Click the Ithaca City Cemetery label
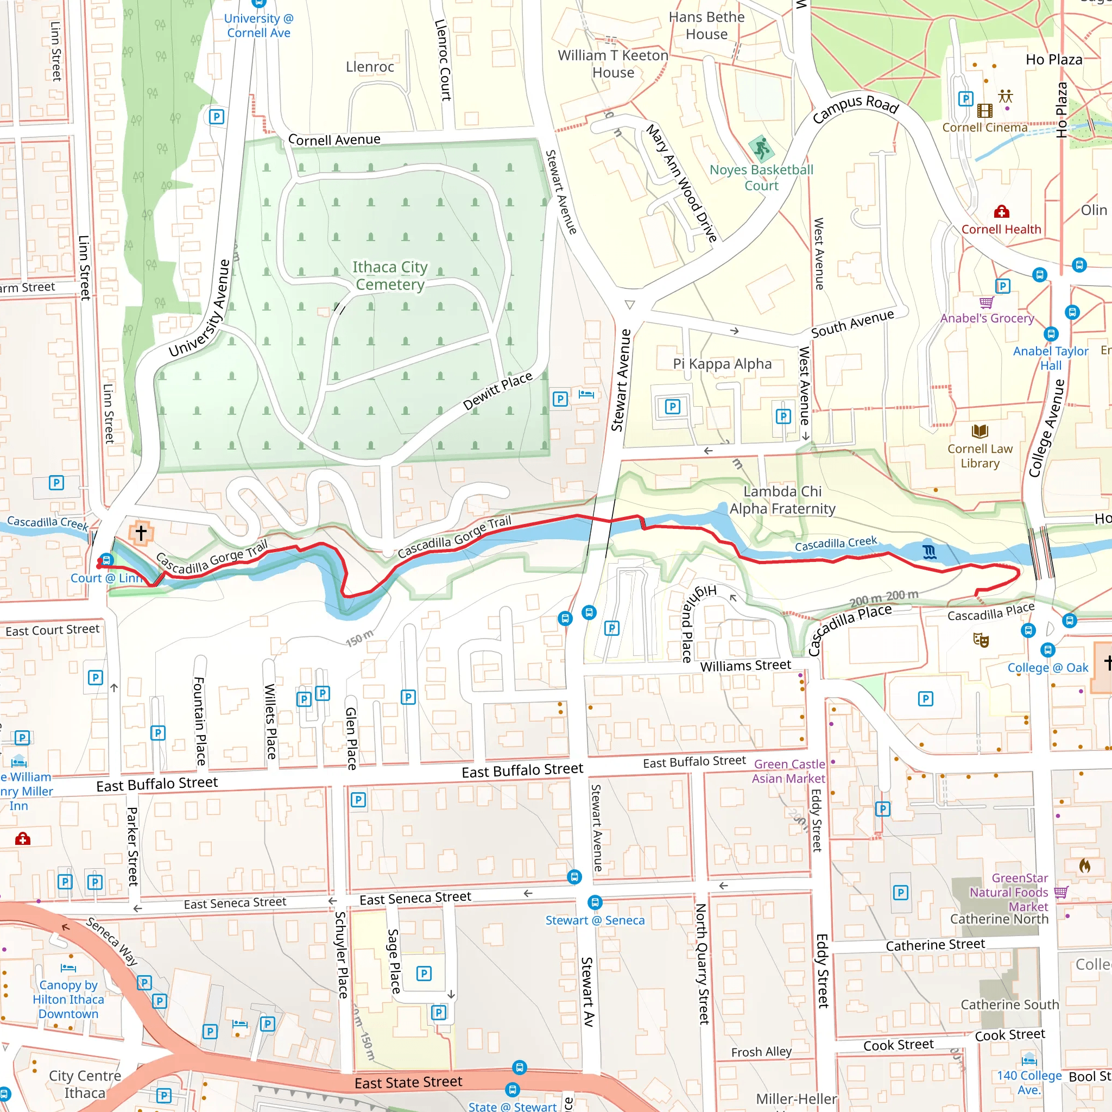[x=390, y=276]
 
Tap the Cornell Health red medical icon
[x=1001, y=211]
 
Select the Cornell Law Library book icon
[x=980, y=431]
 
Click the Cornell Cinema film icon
[x=985, y=111]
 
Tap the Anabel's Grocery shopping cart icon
[x=986, y=302]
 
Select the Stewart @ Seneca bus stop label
[x=595, y=920]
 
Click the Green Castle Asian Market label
[x=788, y=771]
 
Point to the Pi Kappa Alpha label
[x=722, y=364]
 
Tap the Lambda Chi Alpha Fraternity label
[x=782, y=500]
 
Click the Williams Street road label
[x=745, y=666]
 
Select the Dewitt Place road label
[x=498, y=391]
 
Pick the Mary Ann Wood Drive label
[x=682, y=183]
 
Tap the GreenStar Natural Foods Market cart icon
[x=1061, y=892]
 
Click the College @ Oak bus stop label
[x=1047, y=668]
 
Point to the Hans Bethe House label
[x=706, y=26]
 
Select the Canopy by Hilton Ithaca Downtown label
[x=68, y=1000]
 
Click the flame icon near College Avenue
[x=1084, y=865]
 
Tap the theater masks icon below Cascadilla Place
[x=981, y=640]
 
